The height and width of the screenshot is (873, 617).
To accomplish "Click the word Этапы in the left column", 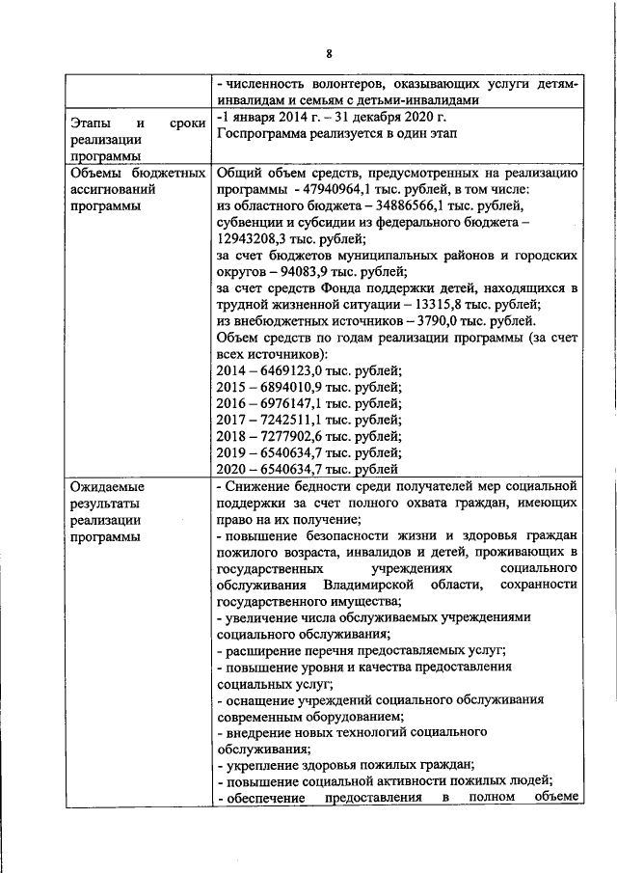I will click(91, 123).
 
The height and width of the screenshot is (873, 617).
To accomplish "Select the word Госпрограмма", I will click(261, 133).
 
